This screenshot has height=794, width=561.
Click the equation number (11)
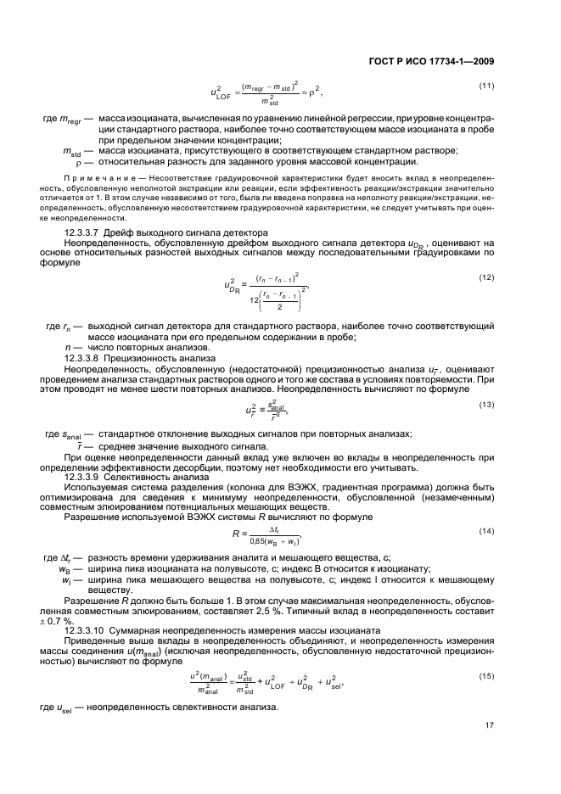(487, 87)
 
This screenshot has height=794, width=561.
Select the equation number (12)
(487, 277)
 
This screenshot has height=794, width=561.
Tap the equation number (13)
(487, 404)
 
